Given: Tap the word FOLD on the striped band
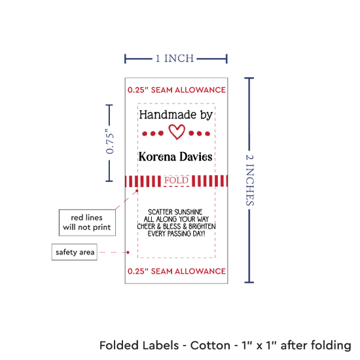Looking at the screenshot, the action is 176,181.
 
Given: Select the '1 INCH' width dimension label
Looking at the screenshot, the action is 175,58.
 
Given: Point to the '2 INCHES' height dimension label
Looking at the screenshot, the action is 250,180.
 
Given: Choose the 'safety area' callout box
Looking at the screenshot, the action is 75,252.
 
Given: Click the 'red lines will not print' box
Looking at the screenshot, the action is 87,223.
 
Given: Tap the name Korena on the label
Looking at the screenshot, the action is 157,157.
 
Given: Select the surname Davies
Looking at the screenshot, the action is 196,157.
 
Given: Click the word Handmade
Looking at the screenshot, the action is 168,115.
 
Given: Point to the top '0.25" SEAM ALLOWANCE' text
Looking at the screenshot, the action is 177,90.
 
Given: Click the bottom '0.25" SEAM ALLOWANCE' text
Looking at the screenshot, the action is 177,271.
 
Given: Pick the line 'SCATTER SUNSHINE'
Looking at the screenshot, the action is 175,211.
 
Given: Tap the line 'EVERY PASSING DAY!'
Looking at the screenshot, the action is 176,234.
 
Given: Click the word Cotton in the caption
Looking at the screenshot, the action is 210,346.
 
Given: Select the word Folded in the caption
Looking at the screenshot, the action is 119,346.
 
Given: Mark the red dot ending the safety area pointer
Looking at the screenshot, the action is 128,252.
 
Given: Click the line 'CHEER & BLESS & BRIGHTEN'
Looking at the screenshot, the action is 176,226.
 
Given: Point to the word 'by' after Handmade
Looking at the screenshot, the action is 206,115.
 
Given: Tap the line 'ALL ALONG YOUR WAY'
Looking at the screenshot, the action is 176,219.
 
